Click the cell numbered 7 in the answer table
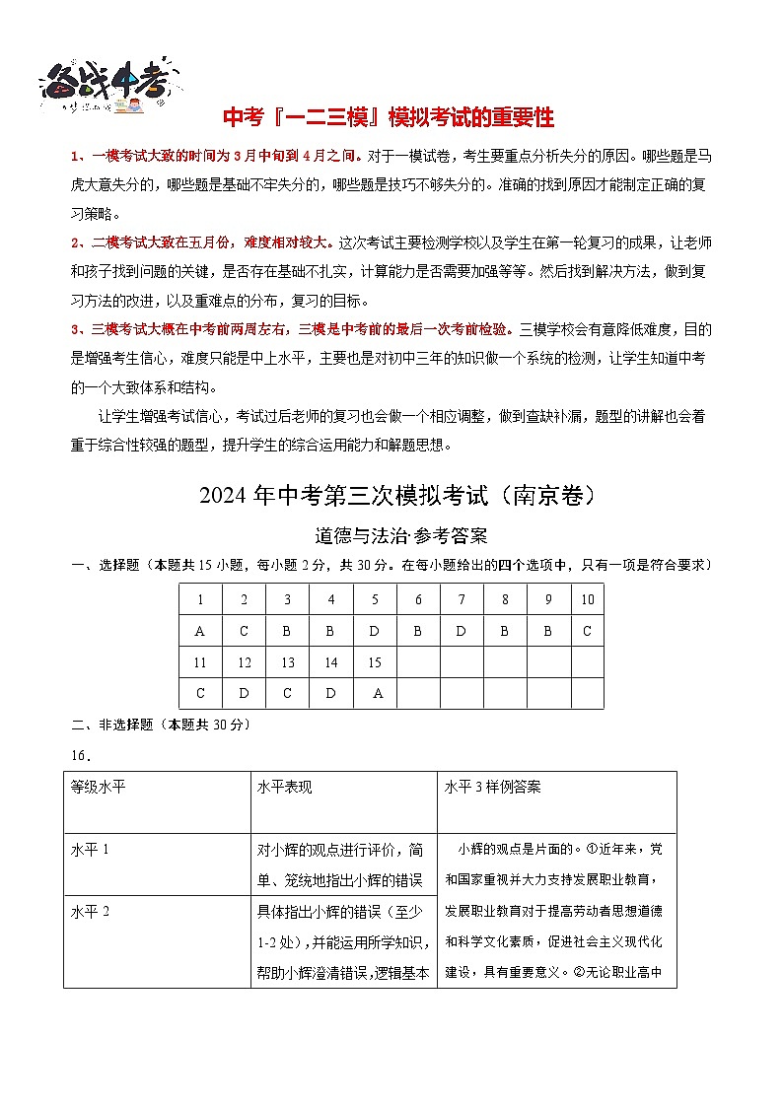462,599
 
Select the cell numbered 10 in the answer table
588,599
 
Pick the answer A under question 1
200,631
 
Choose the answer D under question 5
375,631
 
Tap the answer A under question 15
375,693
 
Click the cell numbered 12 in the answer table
244,662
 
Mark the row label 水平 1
91,849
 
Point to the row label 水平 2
91,910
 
